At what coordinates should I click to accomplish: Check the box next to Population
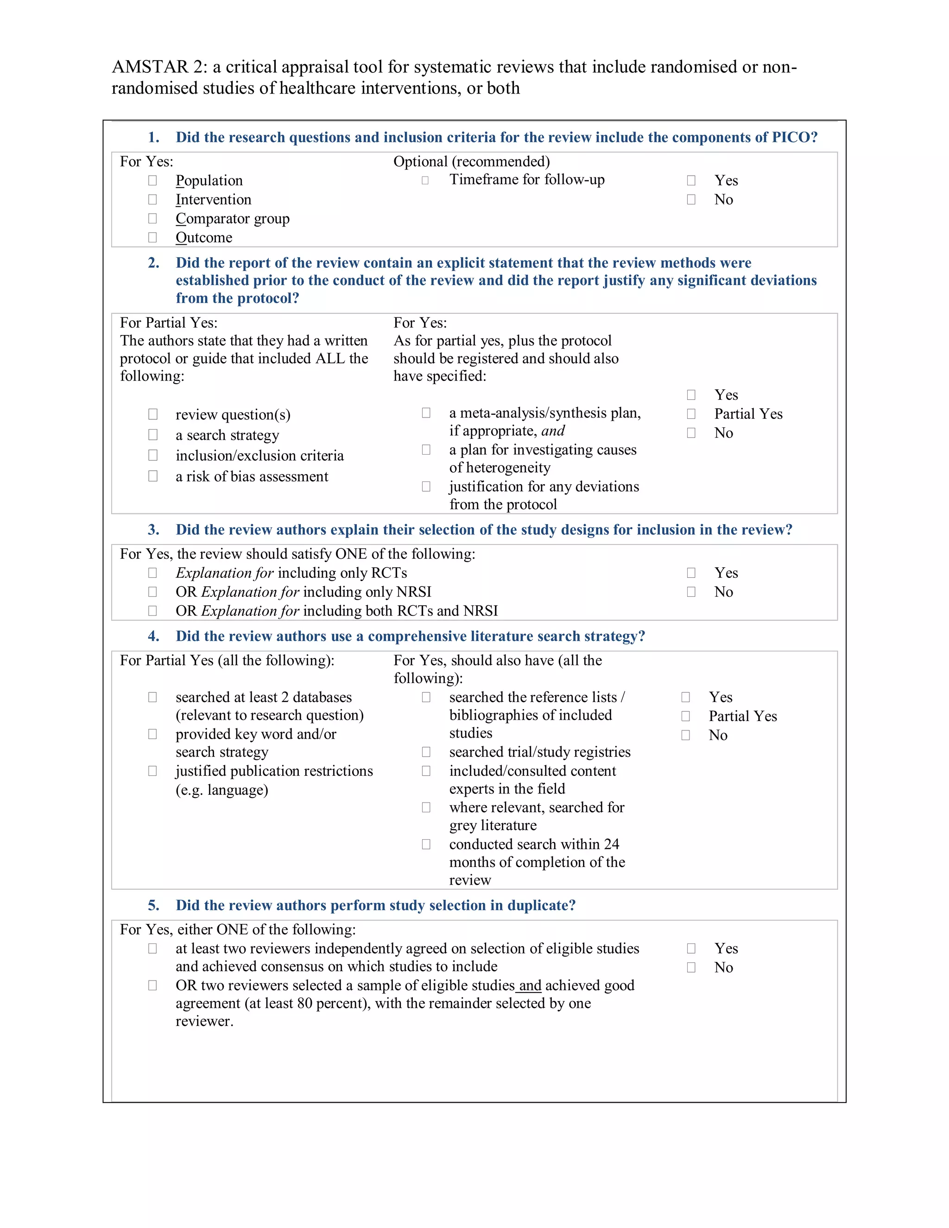[x=152, y=180]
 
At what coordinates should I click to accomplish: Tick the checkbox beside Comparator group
[x=152, y=218]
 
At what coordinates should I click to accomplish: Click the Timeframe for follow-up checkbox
[x=425, y=180]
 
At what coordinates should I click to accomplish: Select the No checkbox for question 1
[x=691, y=200]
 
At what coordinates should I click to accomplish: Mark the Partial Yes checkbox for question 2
[x=691, y=414]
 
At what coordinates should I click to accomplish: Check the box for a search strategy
[x=153, y=435]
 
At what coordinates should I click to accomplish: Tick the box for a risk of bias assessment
[x=153, y=476]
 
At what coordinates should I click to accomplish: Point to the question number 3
[x=153, y=530]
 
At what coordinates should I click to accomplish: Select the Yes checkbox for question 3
[x=691, y=573]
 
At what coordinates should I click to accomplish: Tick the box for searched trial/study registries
[x=426, y=752]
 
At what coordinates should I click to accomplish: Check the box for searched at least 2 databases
[x=152, y=697]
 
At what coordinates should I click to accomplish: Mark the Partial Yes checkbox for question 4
[x=685, y=716]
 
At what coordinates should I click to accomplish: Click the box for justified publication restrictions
[x=152, y=771]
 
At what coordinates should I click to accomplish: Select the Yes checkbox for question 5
[x=691, y=949]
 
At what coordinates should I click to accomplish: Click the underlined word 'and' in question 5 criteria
[x=530, y=986]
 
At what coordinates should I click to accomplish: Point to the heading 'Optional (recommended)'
[x=471, y=162]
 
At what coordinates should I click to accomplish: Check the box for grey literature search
[x=426, y=807]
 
